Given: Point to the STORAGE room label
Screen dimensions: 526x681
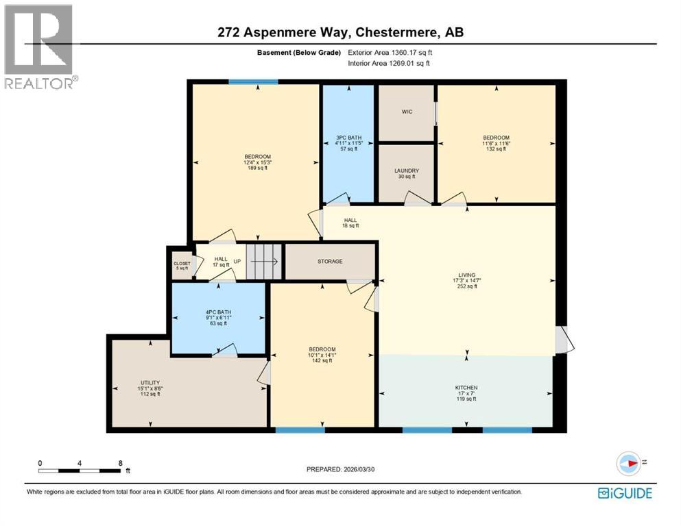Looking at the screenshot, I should point(330,261).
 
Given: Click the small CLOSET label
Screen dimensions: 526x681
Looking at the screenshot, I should point(182,265).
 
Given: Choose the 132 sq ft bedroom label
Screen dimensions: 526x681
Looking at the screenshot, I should point(496,143).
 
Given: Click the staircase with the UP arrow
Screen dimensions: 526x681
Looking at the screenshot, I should point(263,261).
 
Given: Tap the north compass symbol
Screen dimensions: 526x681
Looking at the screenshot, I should point(628,463).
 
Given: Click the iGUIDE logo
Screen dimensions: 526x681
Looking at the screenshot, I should point(625,493).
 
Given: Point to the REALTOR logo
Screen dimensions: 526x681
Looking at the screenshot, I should point(38,47).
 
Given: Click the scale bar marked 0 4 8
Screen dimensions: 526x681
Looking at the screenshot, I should point(80,470).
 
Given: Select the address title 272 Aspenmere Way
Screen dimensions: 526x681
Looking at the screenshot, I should point(341,32).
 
